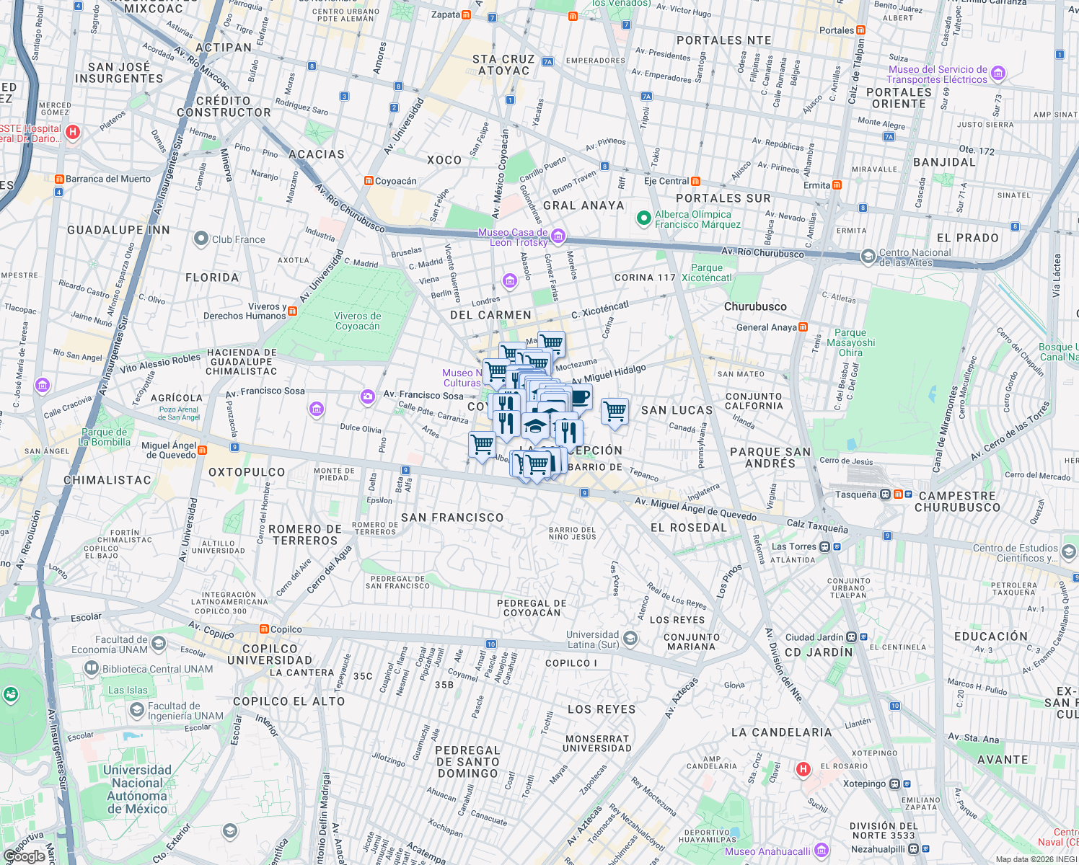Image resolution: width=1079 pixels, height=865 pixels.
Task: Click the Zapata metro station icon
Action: [x=467, y=14]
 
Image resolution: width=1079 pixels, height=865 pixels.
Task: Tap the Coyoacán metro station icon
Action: [x=369, y=181]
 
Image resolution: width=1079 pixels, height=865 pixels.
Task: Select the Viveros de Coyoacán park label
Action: [x=358, y=321]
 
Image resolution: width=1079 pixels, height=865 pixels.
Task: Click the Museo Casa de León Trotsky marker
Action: [x=558, y=236]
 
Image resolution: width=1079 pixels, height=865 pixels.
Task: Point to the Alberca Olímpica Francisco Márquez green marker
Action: [x=643, y=218]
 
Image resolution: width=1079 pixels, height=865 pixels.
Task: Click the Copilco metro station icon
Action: [x=264, y=629]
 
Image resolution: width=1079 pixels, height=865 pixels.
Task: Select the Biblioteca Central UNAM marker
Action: [x=92, y=668]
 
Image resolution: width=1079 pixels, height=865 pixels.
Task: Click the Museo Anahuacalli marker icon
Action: [x=821, y=851]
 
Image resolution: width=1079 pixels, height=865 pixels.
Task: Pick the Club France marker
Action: [x=201, y=239]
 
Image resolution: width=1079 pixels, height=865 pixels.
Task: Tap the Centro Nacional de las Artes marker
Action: [x=868, y=256]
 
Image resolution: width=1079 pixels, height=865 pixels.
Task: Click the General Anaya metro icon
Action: [x=803, y=327]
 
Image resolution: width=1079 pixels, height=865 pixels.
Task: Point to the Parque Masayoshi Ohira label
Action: [x=850, y=343]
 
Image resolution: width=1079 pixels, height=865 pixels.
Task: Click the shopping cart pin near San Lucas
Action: [x=615, y=412]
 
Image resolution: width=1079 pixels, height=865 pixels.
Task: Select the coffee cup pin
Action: [x=579, y=396]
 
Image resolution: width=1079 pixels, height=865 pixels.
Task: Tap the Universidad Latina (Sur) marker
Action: [x=630, y=639]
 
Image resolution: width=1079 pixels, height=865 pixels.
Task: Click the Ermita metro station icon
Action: [x=837, y=185]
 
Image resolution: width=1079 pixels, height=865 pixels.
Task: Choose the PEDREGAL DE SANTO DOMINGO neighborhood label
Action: [x=467, y=762]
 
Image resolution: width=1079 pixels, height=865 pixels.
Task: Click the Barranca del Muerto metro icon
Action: [x=59, y=179]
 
